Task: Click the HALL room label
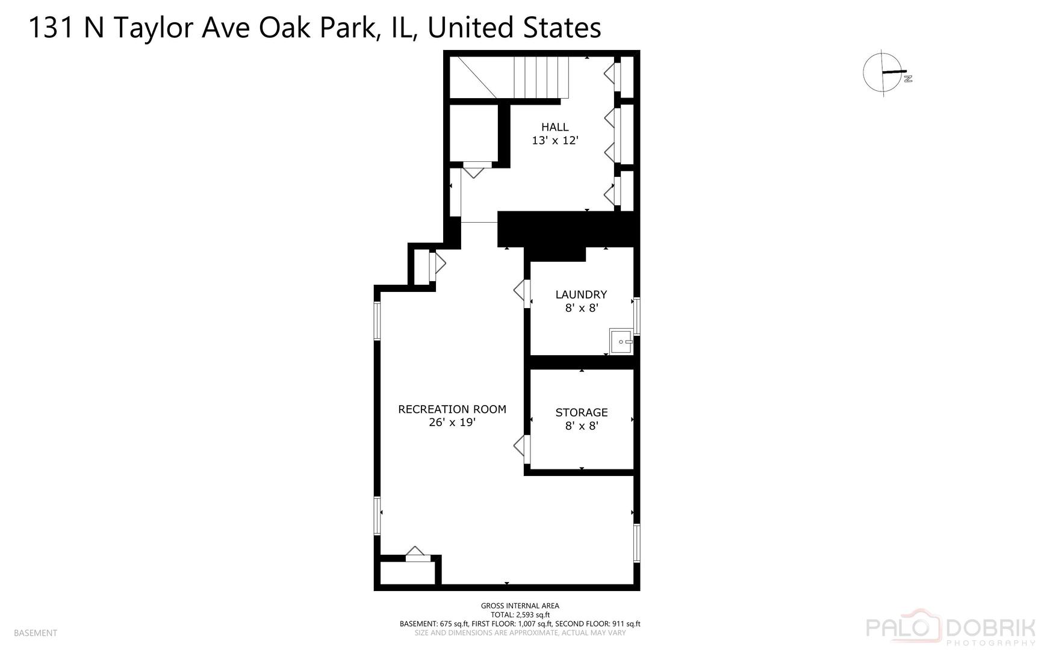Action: pyautogui.click(x=555, y=127)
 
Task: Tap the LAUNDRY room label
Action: pyautogui.click(x=581, y=294)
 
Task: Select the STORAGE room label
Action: pyautogui.click(x=581, y=412)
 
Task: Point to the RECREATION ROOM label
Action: pyautogui.click(x=452, y=409)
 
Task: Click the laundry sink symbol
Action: pyautogui.click(x=621, y=341)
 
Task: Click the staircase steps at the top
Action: pyautogui.click(x=541, y=77)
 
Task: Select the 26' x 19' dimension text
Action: pyautogui.click(x=452, y=422)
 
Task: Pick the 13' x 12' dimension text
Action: pyautogui.click(x=555, y=141)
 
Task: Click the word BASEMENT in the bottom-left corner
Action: pyautogui.click(x=36, y=633)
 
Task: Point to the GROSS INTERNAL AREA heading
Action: pyautogui.click(x=520, y=606)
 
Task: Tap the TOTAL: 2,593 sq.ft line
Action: pyautogui.click(x=520, y=615)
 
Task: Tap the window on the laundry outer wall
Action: pyautogui.click(x=636, y=315)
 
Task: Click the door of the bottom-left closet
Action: pyautogui.click(x=417, y=554)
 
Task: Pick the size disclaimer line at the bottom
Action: pyautogui.click(x=520, y=633)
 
